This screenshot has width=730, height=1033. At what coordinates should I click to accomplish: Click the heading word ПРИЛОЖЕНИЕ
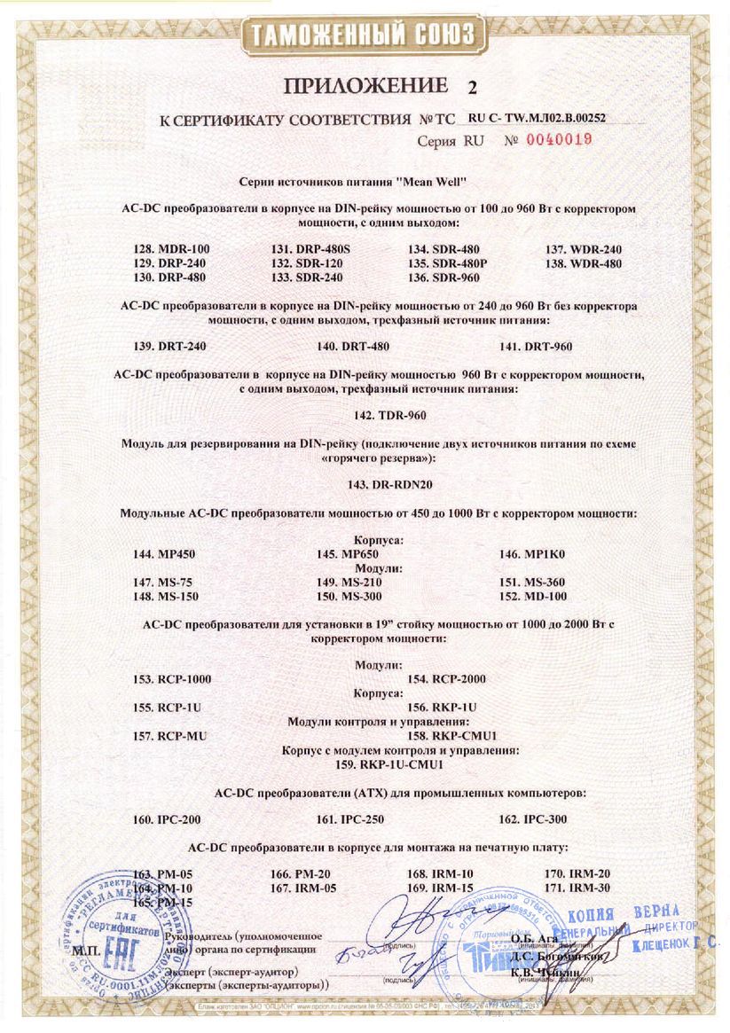tap(365, 87)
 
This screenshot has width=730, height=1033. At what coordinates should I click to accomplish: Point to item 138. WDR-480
tap(583, 263)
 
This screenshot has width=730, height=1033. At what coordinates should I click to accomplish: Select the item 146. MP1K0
tap(531, 554)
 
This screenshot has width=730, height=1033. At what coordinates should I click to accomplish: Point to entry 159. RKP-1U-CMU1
tap(389, 763)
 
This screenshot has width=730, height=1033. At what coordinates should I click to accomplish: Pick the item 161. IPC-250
tap(353, 819)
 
